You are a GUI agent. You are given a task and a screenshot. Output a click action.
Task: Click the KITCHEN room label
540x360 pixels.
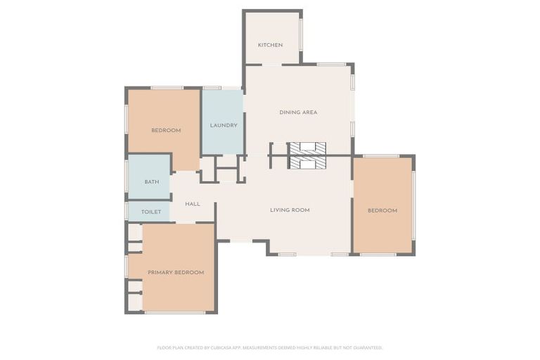270,45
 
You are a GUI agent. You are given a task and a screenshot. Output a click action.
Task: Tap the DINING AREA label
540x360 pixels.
298,112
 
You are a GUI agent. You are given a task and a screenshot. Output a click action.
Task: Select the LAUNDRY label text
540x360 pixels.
224,126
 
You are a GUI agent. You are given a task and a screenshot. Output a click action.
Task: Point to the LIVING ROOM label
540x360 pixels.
290,210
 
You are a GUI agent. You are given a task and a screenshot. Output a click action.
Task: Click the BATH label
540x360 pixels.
152,182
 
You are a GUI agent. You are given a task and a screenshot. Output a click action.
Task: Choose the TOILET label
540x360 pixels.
151,212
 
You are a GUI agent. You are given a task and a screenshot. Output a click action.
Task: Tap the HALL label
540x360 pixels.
193,204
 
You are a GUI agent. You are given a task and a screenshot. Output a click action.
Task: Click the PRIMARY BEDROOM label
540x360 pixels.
176,272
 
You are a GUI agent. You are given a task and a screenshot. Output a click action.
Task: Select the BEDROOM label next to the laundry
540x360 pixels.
166,130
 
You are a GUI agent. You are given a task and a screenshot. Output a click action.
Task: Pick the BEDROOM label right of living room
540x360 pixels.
382,210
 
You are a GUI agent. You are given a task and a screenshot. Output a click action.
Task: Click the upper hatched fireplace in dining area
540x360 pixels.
308,148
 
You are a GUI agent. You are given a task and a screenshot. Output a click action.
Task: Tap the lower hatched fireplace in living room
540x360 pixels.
308,162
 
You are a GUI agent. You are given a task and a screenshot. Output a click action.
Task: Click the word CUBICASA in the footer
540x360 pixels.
218,347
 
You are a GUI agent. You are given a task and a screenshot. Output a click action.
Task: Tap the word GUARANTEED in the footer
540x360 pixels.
366,347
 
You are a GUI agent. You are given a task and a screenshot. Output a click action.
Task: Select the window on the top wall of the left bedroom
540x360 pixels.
167,88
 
